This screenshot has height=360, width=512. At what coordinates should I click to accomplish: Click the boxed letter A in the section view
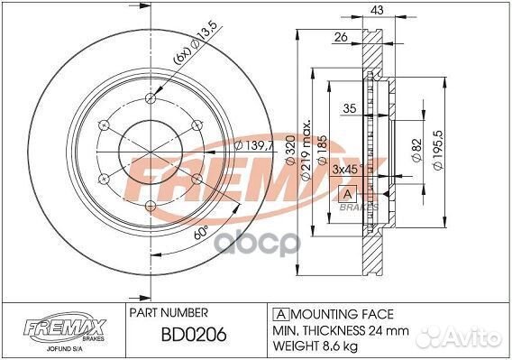pyautogui.click(x=344, y=194)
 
